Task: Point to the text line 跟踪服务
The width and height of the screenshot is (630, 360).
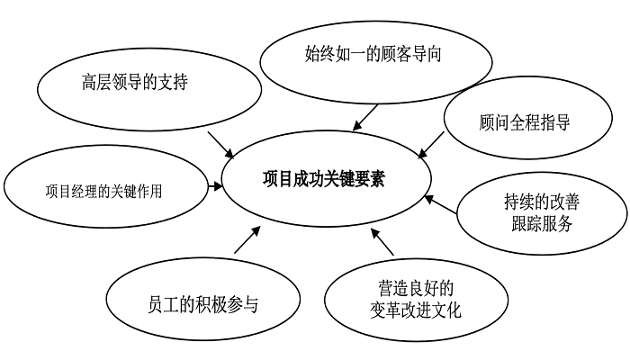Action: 538,224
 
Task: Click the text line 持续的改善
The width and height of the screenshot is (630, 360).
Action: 538,202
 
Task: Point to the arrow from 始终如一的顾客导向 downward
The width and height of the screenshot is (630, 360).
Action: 366,114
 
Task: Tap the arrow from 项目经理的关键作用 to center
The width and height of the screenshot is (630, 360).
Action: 215,187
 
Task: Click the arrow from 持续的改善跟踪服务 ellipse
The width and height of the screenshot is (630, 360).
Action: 441,202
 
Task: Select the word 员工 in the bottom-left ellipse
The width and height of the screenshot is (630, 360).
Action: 158,303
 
